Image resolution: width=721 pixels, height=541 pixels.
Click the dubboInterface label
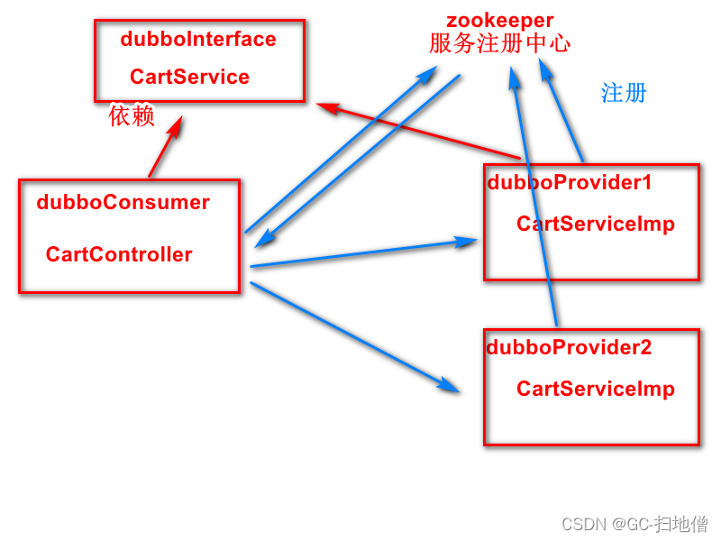tap(197, 40)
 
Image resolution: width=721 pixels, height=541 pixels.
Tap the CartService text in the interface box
tap(189, 77)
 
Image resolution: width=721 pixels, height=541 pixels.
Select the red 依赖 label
tap(132, 115)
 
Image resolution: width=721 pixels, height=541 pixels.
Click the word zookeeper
tap(499, 20)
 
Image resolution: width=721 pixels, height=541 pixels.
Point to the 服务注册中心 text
tap(499, 42)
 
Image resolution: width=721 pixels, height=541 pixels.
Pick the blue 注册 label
tap(624, 93)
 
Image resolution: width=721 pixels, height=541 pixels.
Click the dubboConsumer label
tap(123, 202)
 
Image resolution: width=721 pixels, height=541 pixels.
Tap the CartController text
tap(119, 254)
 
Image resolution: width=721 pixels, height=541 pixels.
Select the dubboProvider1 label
tap(569, 182)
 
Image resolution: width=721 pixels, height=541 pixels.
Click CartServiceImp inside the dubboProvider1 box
tap(595, 224)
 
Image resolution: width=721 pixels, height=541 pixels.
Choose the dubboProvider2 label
tap(569, 347)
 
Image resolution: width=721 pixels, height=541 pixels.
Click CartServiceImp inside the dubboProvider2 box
tap(595, 389)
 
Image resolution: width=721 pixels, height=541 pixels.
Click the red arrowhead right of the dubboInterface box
tap(327, 107)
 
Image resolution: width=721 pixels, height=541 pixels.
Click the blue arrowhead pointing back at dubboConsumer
tap(264, 241)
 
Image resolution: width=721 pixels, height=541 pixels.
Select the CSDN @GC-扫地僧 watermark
tap(634, 524)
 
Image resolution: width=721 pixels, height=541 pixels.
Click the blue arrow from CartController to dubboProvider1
tap(360, 254)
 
